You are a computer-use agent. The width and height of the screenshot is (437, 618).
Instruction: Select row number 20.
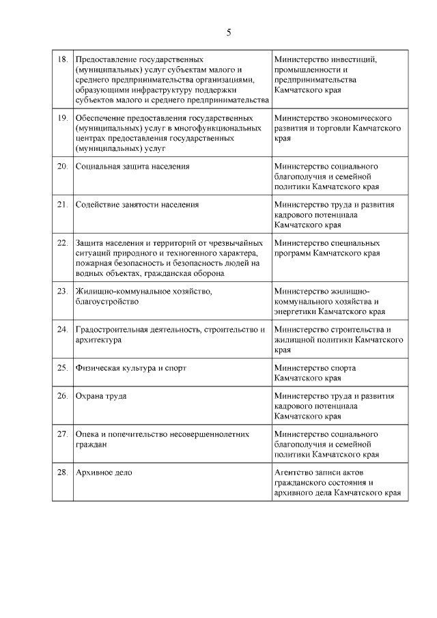coord(61,166)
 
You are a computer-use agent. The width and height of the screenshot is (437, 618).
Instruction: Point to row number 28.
coord(61,473)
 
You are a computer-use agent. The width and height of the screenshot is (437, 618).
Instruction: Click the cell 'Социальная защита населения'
coord(132,166)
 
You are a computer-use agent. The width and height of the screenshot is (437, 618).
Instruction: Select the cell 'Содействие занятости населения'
coord(137,204)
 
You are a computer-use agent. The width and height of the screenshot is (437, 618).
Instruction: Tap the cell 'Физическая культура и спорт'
coord(130,368)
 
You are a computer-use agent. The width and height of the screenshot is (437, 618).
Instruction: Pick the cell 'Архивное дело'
coord(104,473)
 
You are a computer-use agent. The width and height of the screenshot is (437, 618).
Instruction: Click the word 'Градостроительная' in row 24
coord(115,330)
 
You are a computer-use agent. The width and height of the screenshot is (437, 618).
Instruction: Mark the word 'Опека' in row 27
coord(89,434)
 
